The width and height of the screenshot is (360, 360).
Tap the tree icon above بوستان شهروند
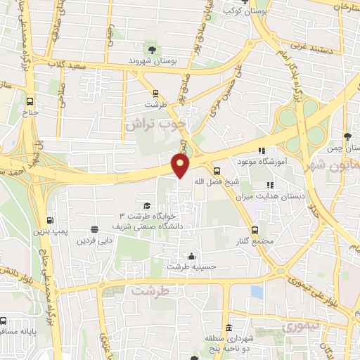tap(152, 49)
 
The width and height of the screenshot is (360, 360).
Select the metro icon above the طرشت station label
tap(155, 94)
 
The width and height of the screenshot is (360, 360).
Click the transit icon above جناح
tap(30, 100)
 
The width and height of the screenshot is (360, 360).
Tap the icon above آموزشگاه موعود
tap(262, 150)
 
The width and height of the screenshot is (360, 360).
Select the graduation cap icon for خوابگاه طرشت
tap(147, 205)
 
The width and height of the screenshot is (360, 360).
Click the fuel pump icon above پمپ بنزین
tap(49, 219)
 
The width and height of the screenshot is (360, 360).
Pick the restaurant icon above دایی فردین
tap(94, 229)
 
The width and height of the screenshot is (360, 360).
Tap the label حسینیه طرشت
tap(192, 267)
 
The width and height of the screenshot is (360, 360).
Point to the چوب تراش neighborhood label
tap(155, 123)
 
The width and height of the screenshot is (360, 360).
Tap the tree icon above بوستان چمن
tap(347, 136)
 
